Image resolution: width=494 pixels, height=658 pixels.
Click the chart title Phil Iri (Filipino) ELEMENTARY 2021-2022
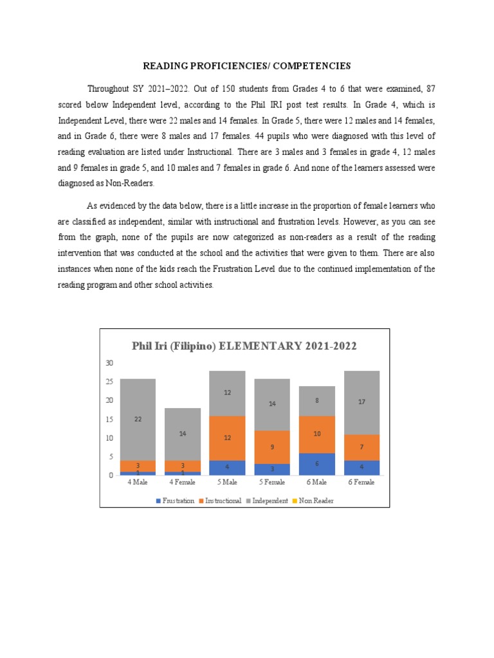tap(244, 346)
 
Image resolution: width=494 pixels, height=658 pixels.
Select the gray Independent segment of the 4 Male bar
tap(138, 419)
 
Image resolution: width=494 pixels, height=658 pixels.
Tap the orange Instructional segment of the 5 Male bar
tap(227, 438)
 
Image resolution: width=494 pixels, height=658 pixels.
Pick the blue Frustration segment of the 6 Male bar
tap(316, 464)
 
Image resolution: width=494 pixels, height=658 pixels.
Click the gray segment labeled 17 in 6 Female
tap(361, 402)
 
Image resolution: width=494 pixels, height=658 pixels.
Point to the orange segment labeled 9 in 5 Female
tap(272, 447)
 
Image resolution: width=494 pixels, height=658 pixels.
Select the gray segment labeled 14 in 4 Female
tap(183, 434)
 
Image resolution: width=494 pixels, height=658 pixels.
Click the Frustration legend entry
tap(175, 501)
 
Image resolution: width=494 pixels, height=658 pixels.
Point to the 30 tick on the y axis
tap(109, 363)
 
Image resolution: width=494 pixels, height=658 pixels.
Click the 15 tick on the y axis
tap(109, 419)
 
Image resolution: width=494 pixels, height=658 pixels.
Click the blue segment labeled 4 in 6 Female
tap(361, 467)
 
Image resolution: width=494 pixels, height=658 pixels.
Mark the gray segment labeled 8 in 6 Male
tap(316, 401)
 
